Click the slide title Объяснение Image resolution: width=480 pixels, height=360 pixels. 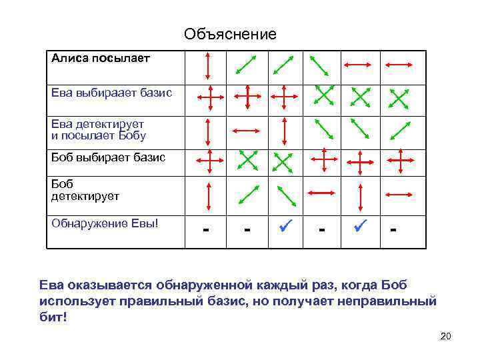230,34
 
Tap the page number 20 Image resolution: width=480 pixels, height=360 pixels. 446,336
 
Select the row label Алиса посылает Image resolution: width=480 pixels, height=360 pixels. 101,58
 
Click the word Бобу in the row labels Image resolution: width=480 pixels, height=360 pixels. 131,136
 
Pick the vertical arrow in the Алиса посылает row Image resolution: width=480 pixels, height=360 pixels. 209,65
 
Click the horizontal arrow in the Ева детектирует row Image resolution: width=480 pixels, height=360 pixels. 246,130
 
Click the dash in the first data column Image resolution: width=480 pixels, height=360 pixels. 208,231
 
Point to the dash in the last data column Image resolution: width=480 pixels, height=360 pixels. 394,231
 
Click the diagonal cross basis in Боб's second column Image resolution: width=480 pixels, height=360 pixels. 247,161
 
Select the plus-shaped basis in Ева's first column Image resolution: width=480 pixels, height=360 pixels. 209,97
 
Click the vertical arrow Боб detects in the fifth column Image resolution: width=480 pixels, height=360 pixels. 361,195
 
